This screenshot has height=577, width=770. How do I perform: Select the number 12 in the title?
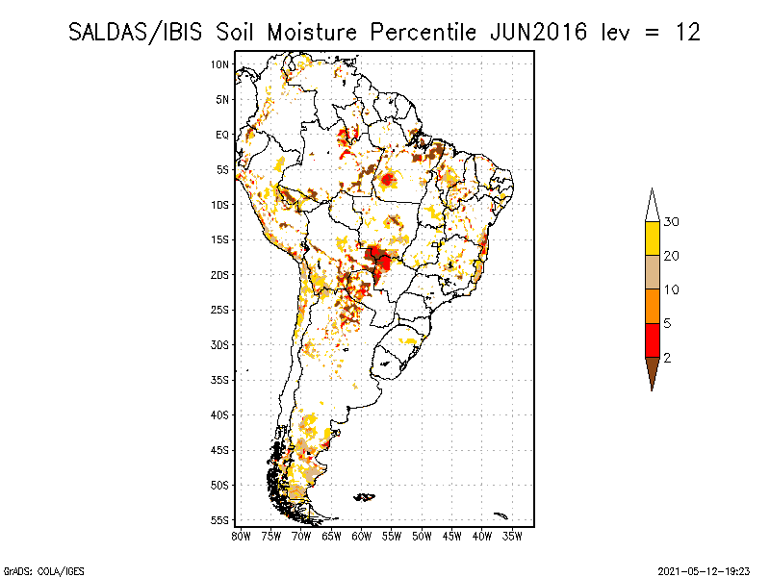tap(687, 32)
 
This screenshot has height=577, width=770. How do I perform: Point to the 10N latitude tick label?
tap(220, 64)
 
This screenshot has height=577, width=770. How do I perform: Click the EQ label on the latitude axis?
tap(222, 135)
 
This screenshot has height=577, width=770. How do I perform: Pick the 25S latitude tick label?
tap(220, 310)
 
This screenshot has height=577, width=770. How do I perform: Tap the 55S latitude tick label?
tap(220, 519)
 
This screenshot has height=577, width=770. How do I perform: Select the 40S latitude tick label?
tap(220, 414)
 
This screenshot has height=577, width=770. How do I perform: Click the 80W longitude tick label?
tap(241, 535)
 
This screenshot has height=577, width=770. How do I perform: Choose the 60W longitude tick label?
tap(362, 535)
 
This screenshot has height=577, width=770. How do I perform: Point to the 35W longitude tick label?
tap(513, 535)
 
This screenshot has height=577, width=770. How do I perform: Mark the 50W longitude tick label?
tap(423, 535)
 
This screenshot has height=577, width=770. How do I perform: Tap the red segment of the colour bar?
tap(652, 339)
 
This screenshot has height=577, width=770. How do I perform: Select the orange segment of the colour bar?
tap(652, 306)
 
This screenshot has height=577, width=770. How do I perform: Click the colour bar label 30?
tap(672, 222)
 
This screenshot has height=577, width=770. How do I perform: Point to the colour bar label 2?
tap(667, 357)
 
